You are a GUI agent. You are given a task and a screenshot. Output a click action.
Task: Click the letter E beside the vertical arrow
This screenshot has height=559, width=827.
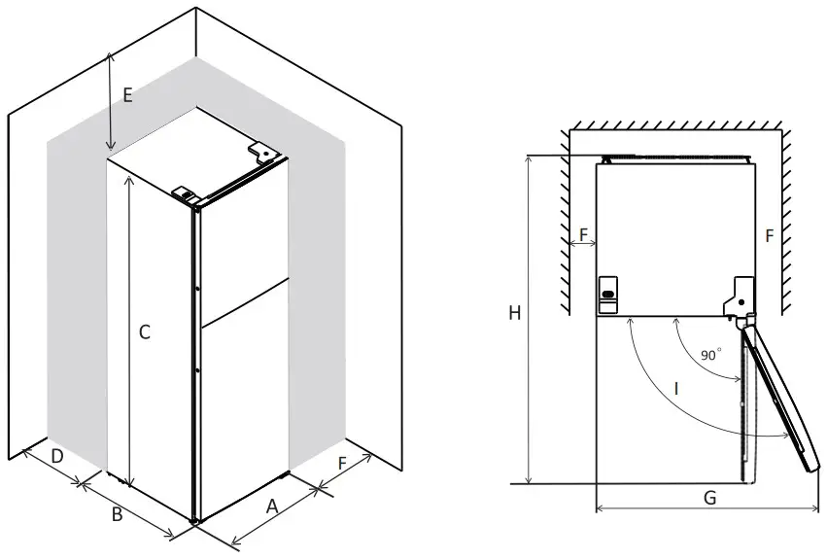click(126, 95)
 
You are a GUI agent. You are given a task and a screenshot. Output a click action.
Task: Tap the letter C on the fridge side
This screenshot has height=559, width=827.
click(144, 332)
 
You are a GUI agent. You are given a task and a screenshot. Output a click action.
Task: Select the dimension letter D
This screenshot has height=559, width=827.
click(57, 456)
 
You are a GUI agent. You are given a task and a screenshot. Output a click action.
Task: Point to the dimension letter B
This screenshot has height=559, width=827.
click(116, 514)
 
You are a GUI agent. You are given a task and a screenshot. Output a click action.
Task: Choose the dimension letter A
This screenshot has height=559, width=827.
click(272, 506)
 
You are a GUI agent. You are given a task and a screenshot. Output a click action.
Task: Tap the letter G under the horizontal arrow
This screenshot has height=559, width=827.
click(709, 497)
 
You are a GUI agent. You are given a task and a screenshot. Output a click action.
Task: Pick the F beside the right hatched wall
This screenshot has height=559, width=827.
click(769, 235)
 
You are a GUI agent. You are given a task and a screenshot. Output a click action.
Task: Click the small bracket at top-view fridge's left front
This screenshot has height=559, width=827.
click(608, 295)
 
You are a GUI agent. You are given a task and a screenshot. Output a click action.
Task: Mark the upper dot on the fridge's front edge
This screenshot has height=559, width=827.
click(197, 289)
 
